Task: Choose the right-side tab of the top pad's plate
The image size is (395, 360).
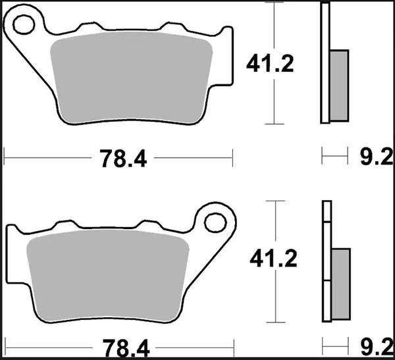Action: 227,56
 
